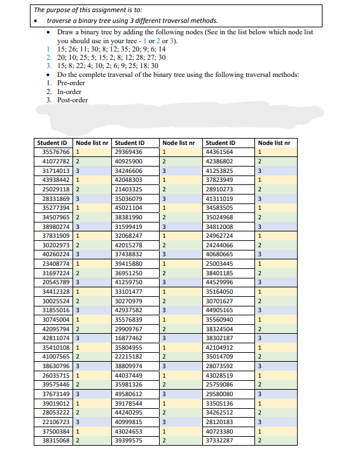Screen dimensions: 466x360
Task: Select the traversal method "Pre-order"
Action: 71,83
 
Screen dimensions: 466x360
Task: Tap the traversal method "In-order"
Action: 69,92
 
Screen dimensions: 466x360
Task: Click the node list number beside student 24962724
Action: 260,236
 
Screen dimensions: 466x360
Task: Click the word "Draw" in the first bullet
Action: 66,31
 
